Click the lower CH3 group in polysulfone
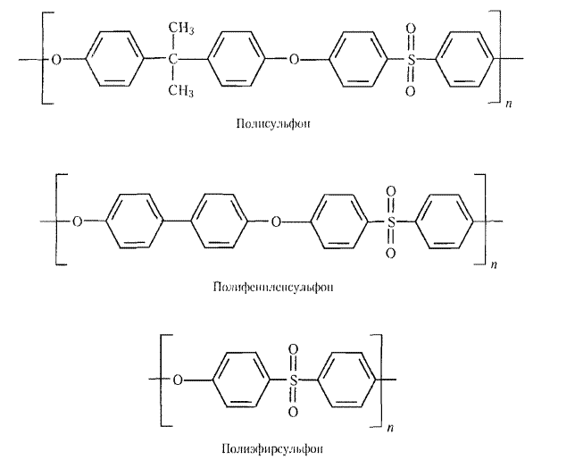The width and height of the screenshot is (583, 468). (182, 89)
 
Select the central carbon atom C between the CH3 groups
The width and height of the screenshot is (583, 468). (174, 60)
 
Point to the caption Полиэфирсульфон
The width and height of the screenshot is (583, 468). (268, 447)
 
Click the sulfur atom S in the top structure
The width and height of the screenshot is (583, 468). (411, 60)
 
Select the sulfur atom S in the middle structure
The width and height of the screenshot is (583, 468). (390, 221)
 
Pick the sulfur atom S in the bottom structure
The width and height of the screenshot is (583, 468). (293, 380)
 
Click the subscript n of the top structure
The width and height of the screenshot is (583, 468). (508, 105)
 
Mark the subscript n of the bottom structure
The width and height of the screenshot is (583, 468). (390, 428)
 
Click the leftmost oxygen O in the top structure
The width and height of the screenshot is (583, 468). (57, 60)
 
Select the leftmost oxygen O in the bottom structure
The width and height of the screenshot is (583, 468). (179, 380)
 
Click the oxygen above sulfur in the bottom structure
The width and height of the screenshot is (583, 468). (293, 351)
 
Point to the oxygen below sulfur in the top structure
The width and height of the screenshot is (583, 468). (411, 90)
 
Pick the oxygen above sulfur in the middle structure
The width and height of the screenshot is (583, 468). (390, 191)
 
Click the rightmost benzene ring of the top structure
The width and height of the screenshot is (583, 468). (468, 60)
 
